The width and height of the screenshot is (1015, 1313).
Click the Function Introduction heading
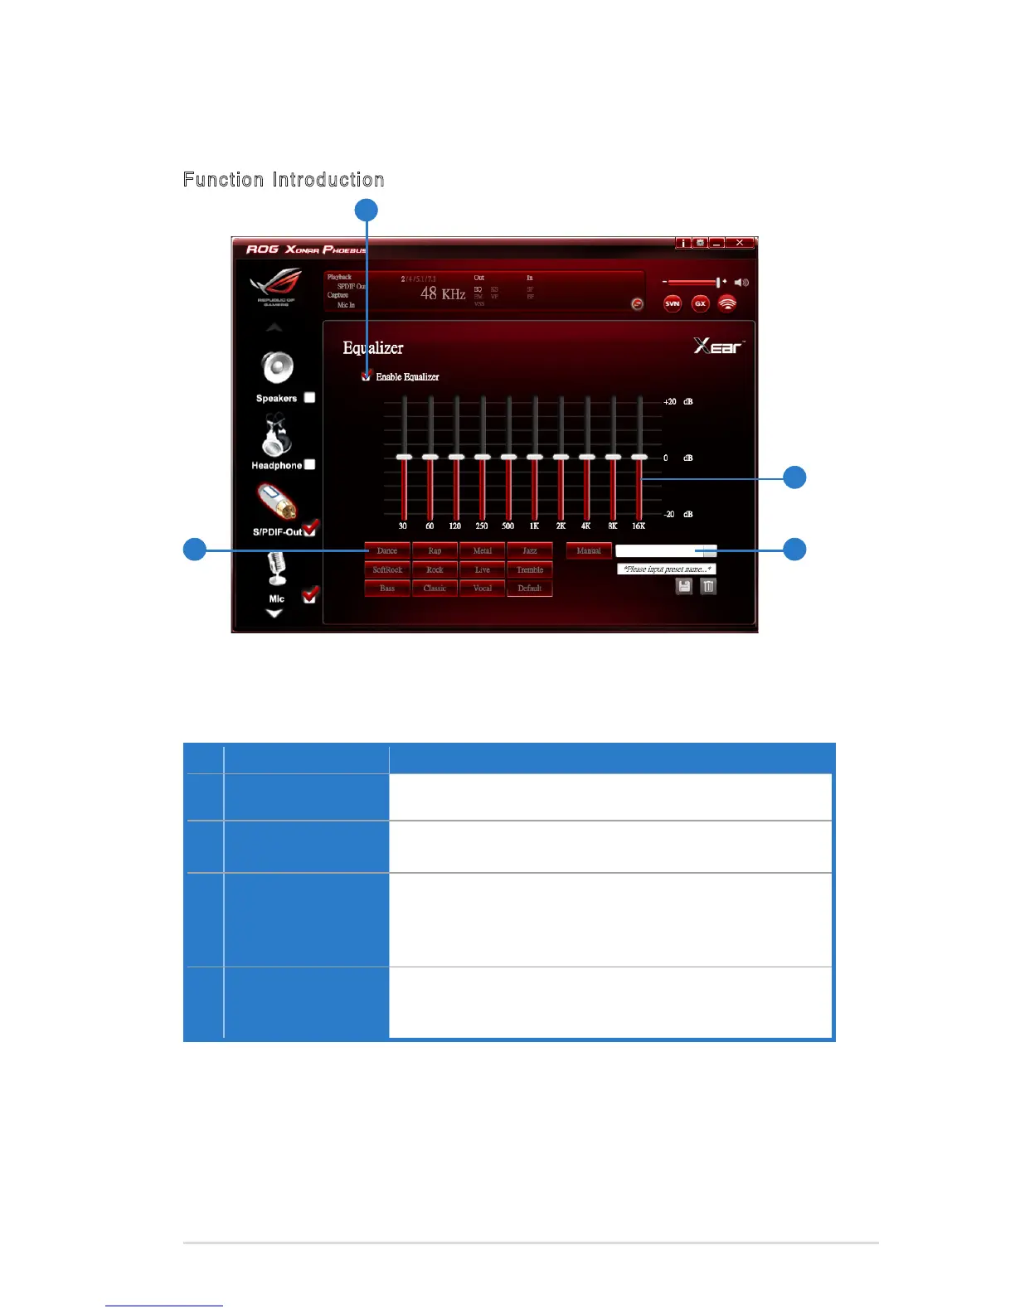284,180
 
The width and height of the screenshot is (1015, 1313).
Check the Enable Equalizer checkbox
367,377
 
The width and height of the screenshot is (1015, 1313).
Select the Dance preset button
387,550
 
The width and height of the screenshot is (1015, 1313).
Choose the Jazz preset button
530,550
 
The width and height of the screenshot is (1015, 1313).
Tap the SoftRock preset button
387,569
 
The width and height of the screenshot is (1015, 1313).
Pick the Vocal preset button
483,589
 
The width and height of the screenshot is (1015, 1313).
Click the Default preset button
530,589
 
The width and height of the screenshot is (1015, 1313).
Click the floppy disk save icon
684,587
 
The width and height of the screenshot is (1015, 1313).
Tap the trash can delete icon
708,587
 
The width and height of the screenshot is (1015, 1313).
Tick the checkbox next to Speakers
309,398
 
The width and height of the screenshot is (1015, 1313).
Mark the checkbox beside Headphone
309,465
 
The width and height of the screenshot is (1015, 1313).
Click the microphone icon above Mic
276,569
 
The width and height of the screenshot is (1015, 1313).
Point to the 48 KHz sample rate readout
442,293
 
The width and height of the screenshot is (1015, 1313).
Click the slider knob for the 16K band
639,457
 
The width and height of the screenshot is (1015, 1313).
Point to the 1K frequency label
534,526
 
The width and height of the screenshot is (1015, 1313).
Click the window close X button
740,243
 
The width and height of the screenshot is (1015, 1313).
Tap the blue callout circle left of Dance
195,550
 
